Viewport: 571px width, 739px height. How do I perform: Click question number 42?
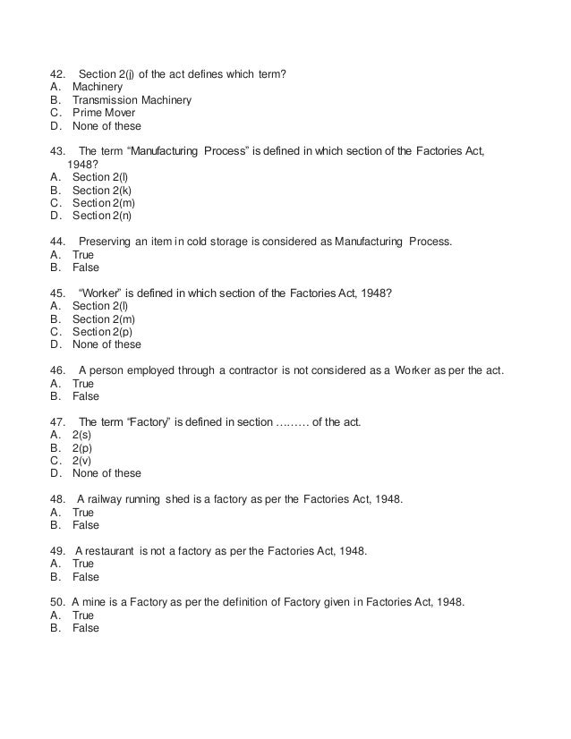[57, 73]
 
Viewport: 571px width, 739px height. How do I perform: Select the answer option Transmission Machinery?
[131, 100]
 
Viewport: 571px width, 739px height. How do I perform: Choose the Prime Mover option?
[104, 114]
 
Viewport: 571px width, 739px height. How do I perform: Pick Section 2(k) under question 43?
[101, 191]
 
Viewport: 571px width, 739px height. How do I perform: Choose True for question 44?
[82, 254]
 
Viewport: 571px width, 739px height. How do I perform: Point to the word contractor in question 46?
[270, 370]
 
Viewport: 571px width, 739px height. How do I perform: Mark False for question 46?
[85, 396]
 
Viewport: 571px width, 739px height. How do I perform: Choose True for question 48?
[82, 513]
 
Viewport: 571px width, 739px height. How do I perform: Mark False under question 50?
[85, 628]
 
